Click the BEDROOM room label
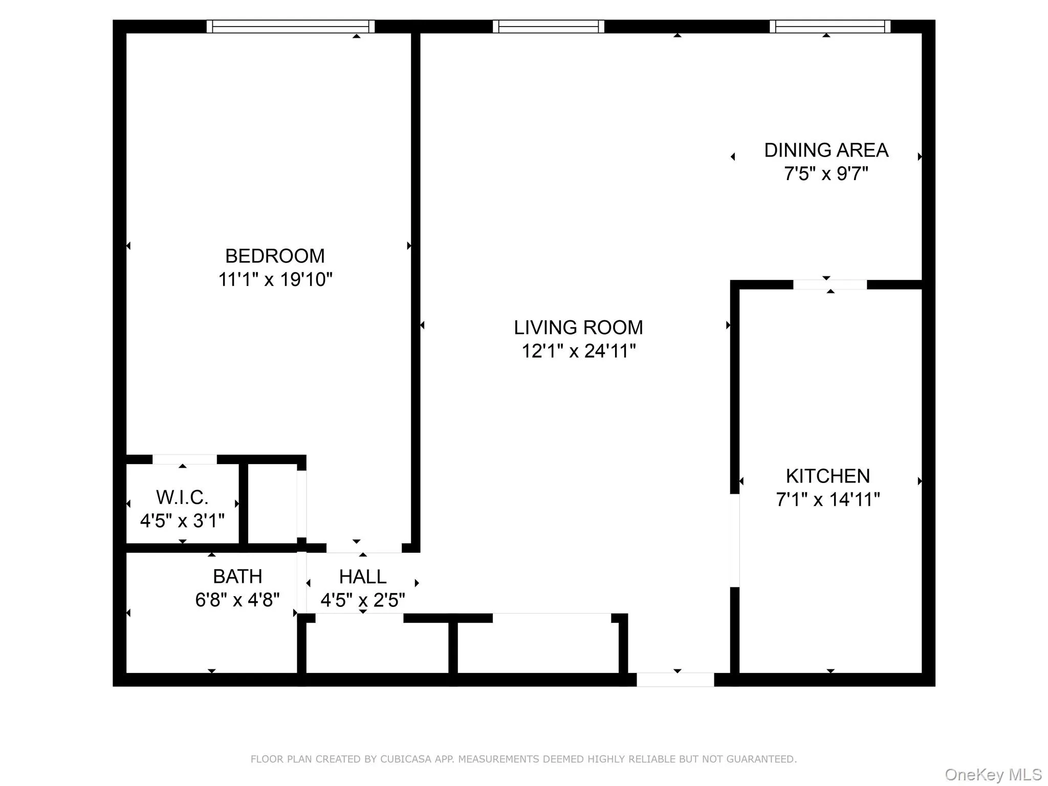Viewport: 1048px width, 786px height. click(x=275, y=256)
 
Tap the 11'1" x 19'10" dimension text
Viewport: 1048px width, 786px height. click(x=275, y=279)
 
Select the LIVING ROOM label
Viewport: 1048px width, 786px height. click(x=578, y=327)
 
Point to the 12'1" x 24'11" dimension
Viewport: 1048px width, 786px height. click(x=578, y=351)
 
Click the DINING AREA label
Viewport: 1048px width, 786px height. click(x=826, y=150)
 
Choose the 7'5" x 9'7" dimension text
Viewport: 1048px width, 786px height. click(x=826, y=174)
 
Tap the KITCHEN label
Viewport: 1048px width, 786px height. click(x=827, y=476)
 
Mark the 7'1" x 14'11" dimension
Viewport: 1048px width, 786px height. click(x=827, y=499)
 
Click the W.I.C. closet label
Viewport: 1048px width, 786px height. click(x=182, y=497)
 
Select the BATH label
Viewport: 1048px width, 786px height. click(x=237, y=577)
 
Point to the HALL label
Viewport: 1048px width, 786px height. click(x=362, y=577)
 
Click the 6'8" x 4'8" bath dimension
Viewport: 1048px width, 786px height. click(x=237, y=600)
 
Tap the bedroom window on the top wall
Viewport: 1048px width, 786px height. click(x=290, y=27)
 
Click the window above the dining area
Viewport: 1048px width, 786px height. click(x=829, y=27)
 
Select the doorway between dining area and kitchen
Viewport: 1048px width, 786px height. click(x=829, y=285)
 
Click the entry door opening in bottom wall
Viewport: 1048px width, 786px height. click(x=675, y=680)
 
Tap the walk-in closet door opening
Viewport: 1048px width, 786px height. click(x=184, y=459)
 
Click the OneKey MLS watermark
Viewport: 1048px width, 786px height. click(x=993, y=774)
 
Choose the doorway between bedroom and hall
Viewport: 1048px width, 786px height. click(x=364, y=548)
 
